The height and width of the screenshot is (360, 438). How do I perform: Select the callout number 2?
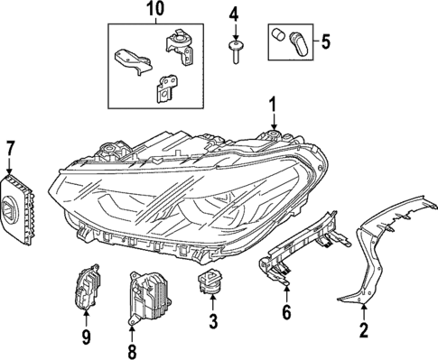363,330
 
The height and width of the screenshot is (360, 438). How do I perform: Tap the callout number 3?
213,320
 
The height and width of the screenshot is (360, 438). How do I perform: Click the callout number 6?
286,313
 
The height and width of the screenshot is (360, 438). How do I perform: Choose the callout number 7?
11,147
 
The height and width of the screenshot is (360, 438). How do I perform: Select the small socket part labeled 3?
210,283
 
